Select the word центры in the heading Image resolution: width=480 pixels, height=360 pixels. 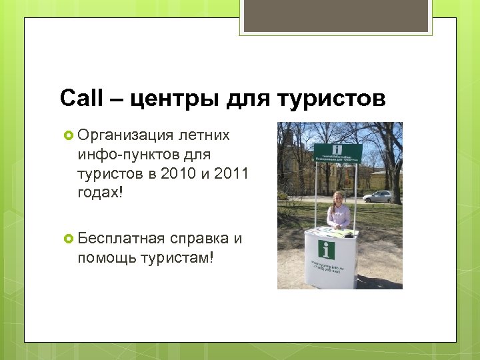pos(166,100)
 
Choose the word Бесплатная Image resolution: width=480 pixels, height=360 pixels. pos(121,239)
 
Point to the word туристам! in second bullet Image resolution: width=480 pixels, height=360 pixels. pos(177,257)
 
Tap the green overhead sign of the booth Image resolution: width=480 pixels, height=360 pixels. pos(337,153)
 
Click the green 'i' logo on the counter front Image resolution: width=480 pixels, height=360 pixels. pos(327,250)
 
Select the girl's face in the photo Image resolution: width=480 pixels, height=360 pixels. pos(339,197)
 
